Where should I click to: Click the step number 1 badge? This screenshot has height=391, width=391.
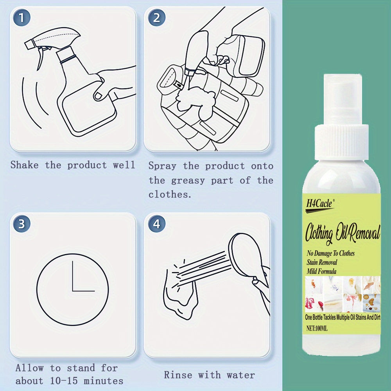pos(22,18)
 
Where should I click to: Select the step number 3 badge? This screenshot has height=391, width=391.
pos(22,224)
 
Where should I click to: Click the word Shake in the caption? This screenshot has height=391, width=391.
pos(24,165)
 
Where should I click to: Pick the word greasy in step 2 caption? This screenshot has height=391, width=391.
pos(188,180)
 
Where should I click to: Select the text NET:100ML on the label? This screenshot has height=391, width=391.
pos(317,329)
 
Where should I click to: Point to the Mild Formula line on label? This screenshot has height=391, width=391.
pos(321,271)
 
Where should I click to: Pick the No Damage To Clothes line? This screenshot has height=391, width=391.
pos(330,253)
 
